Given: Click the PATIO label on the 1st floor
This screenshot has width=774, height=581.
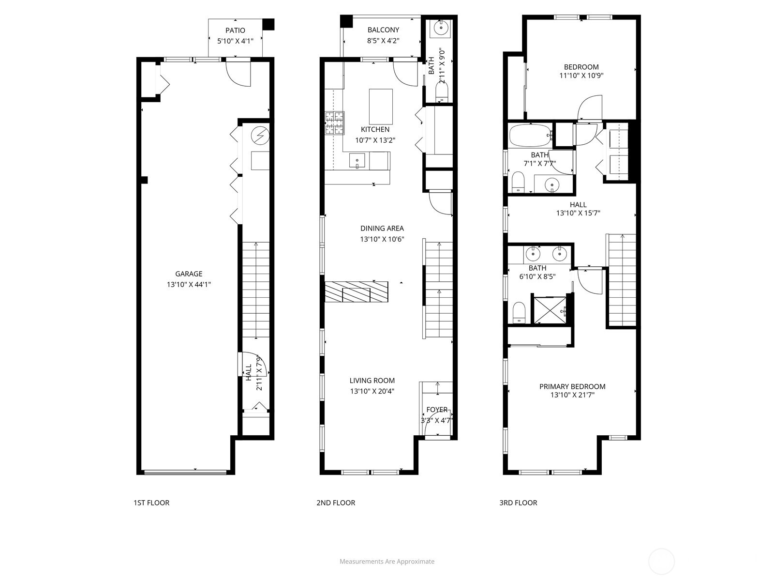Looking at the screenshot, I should click(x=235, y=31).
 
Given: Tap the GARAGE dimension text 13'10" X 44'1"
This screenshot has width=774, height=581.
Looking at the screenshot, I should click(x=189, y=285).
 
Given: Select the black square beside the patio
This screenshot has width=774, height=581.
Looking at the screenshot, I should click(x=268, y=24).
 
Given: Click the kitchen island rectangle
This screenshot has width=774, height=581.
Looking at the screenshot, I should click(x=381, y=107).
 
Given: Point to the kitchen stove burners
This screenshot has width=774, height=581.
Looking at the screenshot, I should click(x=334, y=123).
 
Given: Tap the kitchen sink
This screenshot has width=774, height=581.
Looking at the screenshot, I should click(x=357, y=160).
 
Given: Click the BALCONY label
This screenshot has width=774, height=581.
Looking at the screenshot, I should click(x=383, y=30).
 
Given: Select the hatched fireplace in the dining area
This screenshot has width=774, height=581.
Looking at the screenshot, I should click(x=357, y=292).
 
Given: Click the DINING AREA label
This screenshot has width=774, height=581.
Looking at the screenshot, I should click(x=382, y=229).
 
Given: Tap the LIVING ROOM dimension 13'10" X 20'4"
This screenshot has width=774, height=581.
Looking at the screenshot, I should click(x=372, y=391).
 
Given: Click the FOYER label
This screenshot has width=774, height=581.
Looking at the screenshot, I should click(x=437, y=410).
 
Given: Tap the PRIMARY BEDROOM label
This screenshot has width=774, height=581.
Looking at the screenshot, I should click(x=572, y=386).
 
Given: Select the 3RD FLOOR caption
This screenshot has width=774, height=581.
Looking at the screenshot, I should click(x=518, y=503).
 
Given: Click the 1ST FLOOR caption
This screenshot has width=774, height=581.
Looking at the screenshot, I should click(x=151, y=503).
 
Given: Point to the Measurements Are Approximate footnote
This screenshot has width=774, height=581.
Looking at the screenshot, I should click(x=387, y=562).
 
